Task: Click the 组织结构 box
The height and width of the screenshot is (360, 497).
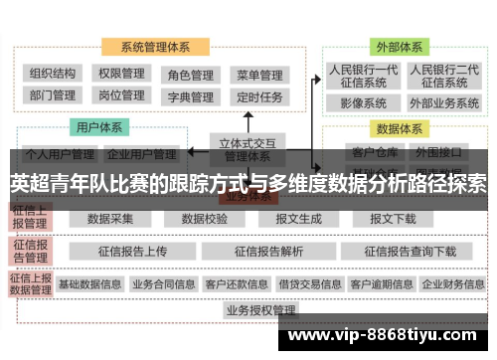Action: [54, 74]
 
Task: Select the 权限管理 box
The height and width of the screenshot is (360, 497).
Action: [121, 74]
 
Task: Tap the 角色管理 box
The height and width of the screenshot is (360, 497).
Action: [190, 75]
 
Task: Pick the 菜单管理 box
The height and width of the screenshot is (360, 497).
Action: [258, 75]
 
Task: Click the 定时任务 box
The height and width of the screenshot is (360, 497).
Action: [258, 97]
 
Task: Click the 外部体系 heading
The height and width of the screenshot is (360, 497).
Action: [397, 47]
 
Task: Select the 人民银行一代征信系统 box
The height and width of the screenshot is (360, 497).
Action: [364, 76]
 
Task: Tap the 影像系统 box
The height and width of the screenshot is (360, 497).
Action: [364, 102]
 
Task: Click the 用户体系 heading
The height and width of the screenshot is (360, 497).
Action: [99, 127]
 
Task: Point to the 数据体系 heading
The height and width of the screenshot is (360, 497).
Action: [397, 128]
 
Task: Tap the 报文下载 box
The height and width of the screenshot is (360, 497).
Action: [393, 218]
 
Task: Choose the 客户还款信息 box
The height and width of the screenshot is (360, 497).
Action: [236, 283]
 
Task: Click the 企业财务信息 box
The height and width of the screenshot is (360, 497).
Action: [453, 283]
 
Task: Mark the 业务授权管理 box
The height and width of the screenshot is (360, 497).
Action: [260, 310]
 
